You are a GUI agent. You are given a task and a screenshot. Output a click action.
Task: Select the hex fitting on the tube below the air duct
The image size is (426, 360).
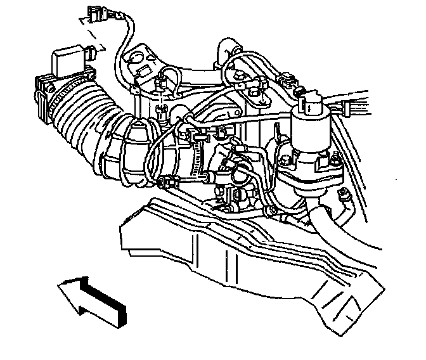point(166,182)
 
